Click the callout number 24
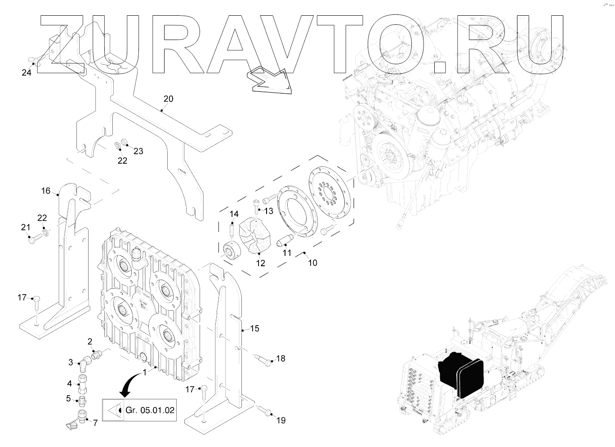tap(27, 72)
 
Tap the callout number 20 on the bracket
tap(168, 98)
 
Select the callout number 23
tap(138, 152)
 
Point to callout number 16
tap(46, 191)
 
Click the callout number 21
tap(25, 228)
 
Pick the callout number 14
tap(234, 214)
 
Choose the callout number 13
tap(268, 211)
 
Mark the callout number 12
tap(260, 263)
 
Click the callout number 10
tap(312, 262)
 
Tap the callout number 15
tap(254, 329)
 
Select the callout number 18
tap(281, 358)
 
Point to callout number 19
tap(281, 420)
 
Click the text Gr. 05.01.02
tap(150, 410)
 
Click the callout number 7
tap(95, 423)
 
